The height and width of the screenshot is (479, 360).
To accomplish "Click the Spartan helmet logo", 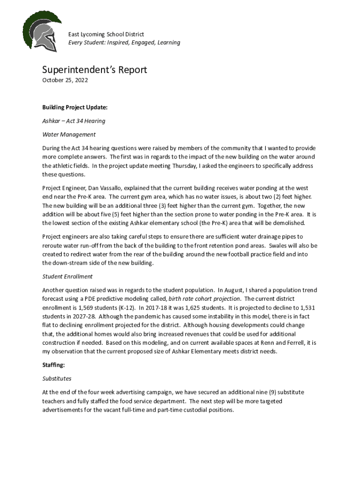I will tap(43, 31).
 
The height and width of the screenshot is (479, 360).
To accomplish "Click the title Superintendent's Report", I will tap(94, 70).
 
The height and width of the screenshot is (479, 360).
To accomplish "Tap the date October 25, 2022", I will tap(65, 80).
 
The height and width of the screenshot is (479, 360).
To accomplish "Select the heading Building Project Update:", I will tap(75, 107).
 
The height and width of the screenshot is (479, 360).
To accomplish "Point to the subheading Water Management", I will tap(69, 134).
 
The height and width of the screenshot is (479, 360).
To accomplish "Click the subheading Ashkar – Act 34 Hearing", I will tap(73, 121).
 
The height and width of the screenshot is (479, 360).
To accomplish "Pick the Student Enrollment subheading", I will tap(67, 276).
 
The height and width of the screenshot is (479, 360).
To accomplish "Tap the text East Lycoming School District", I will tap(106, 34).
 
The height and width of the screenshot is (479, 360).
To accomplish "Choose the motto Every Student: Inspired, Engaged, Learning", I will tap(124, 43).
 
